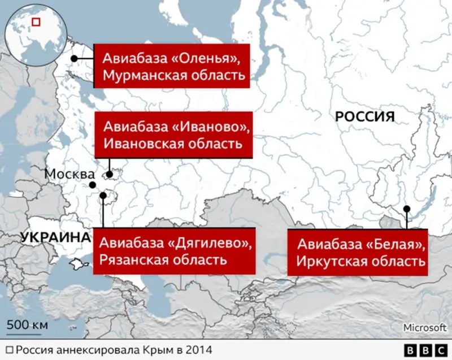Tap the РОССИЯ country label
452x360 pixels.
click(364, 117)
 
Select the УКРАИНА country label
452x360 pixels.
click(55, 237)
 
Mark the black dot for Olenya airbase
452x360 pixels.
click(74, 59)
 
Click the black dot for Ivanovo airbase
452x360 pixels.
click(109, 175)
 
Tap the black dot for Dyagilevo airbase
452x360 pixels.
click(103, 196)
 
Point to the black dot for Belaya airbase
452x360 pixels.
click(406, 209)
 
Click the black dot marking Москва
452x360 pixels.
click(92, 185)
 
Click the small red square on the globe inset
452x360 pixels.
click(36, 22)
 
